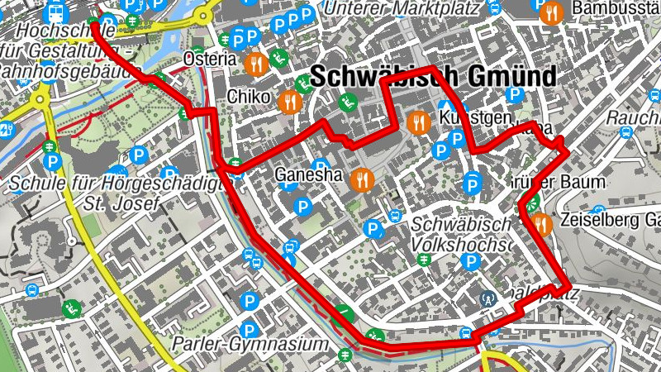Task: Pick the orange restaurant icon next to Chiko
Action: [289, 103]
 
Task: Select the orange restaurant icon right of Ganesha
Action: [361, 179]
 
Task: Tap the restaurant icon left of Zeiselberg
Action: [541, 222]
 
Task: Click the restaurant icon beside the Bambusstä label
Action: [553, 12]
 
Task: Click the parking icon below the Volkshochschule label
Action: [471, 262]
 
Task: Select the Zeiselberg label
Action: [610, 221]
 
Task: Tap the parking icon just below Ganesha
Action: [303, 204]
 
